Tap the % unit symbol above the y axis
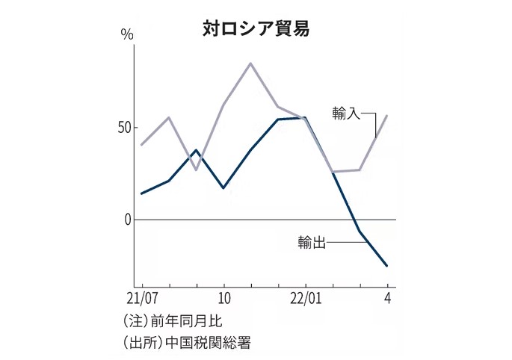[127, 34]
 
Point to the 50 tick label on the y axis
[123, 127]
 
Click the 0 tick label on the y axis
[128, 220]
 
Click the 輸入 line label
[347, 114]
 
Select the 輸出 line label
[311, 243]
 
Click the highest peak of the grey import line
[250, 63]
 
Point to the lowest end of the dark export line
[387, 266]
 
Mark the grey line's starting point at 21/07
[141, 145]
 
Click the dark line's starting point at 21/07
[141, 193]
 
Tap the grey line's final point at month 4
[387, 115]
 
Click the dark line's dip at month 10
[223, 187]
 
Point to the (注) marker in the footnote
[135, 322]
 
